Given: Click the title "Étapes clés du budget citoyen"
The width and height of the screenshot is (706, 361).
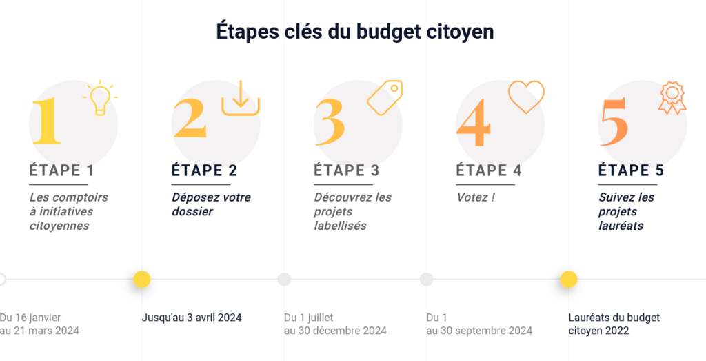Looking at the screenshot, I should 354,32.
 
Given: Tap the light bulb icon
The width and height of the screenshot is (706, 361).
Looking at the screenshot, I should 100,98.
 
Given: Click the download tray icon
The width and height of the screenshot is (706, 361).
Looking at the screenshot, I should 240,98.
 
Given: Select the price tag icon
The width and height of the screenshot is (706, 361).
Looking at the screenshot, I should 385,97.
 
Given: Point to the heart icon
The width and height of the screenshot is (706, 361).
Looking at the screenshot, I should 526,97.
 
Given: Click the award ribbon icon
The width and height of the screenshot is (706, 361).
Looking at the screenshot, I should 672,98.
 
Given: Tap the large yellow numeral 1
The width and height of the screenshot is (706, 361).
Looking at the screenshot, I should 46,121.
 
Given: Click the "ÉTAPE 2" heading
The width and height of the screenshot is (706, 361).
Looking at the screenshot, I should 204,170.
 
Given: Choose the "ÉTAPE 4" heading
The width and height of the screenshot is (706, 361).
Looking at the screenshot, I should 489,170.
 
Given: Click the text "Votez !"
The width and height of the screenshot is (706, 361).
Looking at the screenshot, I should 476,197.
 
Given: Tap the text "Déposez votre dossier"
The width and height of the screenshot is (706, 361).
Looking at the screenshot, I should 211,204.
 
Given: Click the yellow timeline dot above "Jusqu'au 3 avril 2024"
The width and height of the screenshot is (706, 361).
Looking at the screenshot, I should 142,280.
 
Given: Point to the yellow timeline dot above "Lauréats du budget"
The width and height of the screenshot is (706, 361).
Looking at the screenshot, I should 569,280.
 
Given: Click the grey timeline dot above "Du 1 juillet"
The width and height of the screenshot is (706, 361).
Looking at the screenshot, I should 284,280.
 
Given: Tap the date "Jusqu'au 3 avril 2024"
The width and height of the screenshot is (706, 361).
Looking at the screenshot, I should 192,318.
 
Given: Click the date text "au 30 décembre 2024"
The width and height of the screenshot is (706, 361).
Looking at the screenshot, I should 335,331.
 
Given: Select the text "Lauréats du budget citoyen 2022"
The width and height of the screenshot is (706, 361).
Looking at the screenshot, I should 614,324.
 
